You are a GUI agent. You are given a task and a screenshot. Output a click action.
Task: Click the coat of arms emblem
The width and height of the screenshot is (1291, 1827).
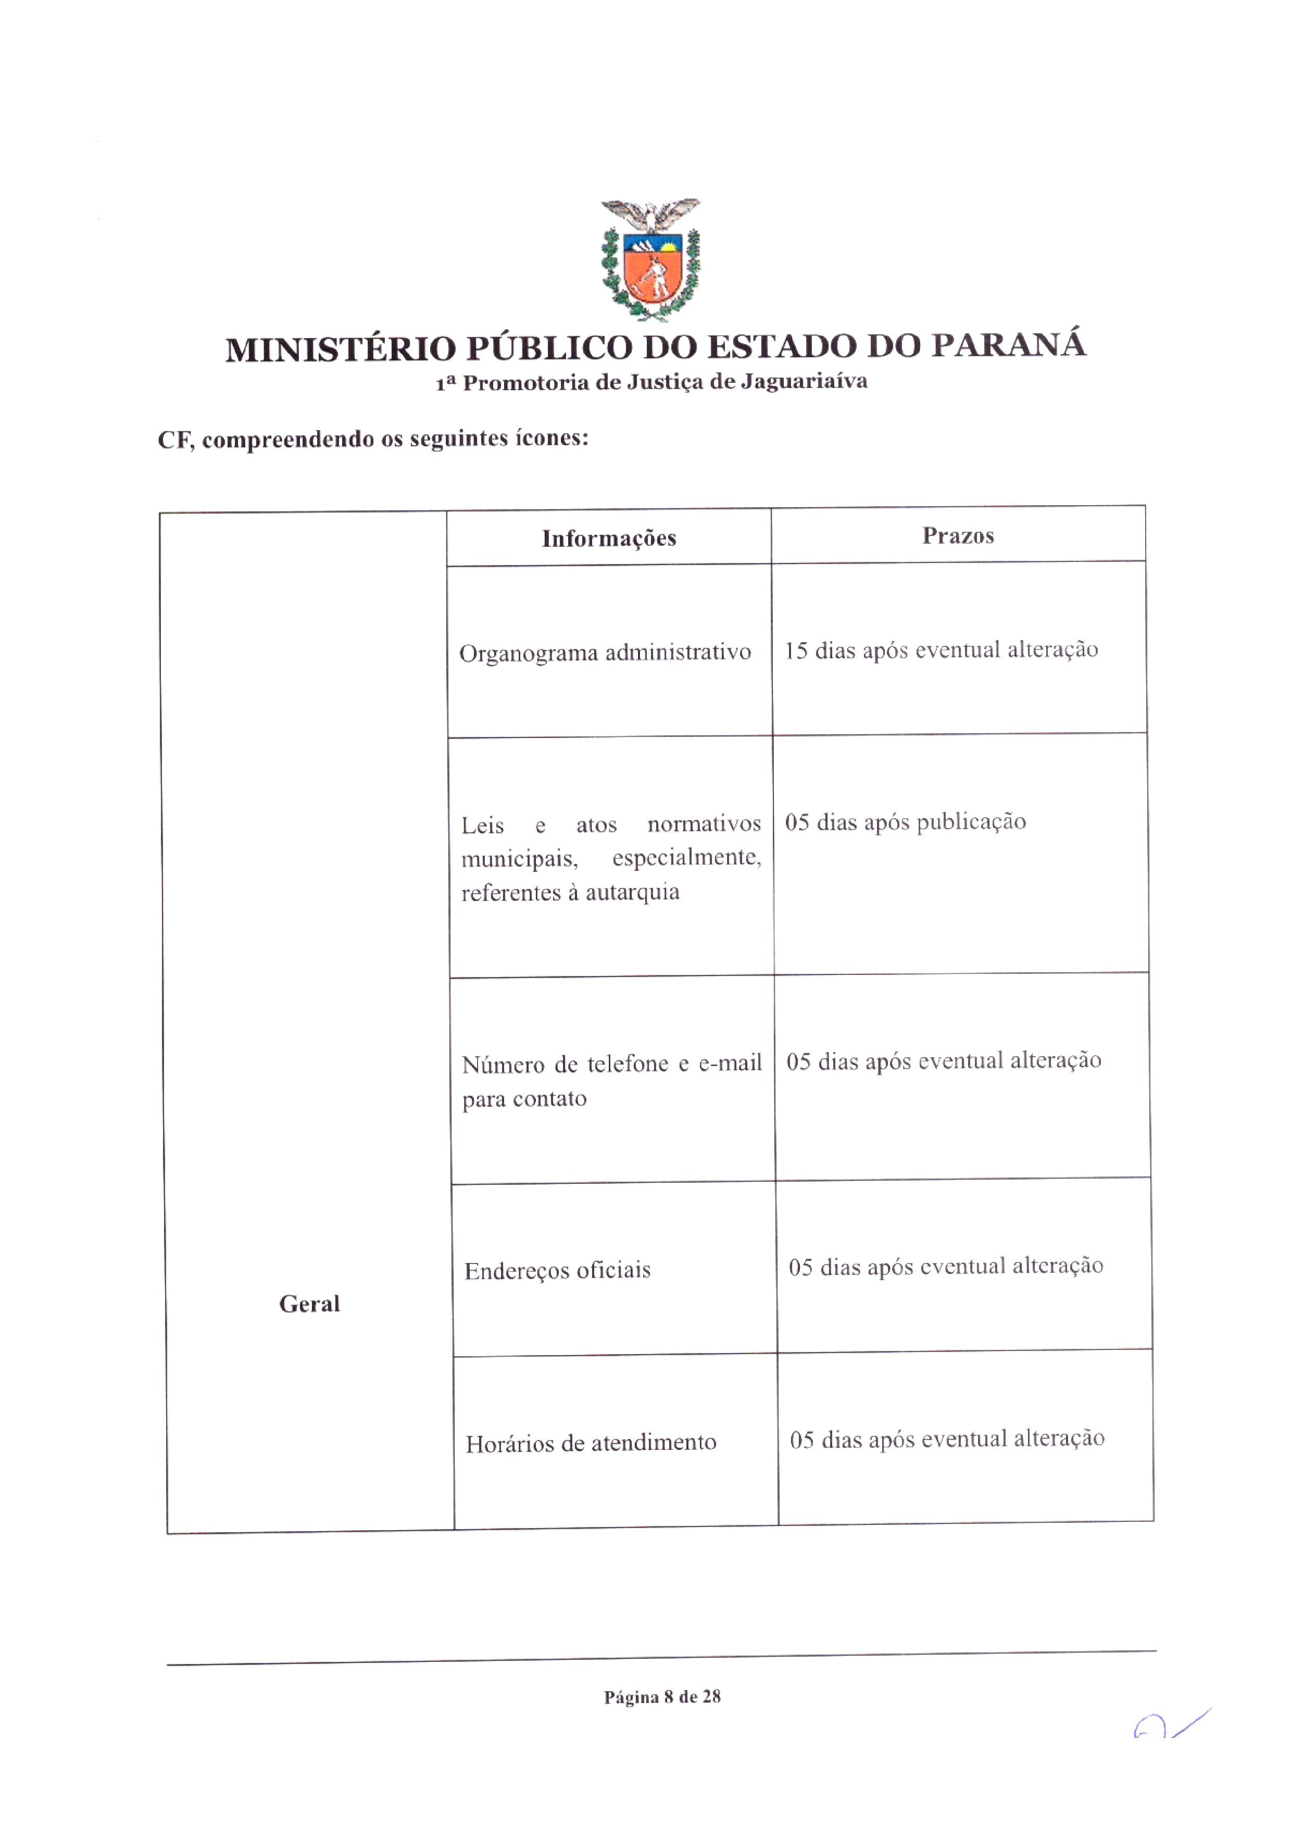coord(650,259)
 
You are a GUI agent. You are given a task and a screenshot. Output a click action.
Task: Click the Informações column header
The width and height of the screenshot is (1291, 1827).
coord(608,539)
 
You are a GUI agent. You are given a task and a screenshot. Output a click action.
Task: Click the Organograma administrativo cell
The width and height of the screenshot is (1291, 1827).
coord(605,653)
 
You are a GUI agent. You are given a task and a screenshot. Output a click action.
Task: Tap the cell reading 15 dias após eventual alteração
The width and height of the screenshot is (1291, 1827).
coord(941,650)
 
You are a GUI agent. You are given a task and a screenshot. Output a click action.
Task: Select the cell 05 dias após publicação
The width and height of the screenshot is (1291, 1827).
coord(905,822)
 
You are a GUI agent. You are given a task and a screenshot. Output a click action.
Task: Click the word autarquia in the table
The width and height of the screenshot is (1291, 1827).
coord(632,892)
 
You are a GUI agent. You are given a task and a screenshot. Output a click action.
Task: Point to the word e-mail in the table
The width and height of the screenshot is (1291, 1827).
coord(730,1063)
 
